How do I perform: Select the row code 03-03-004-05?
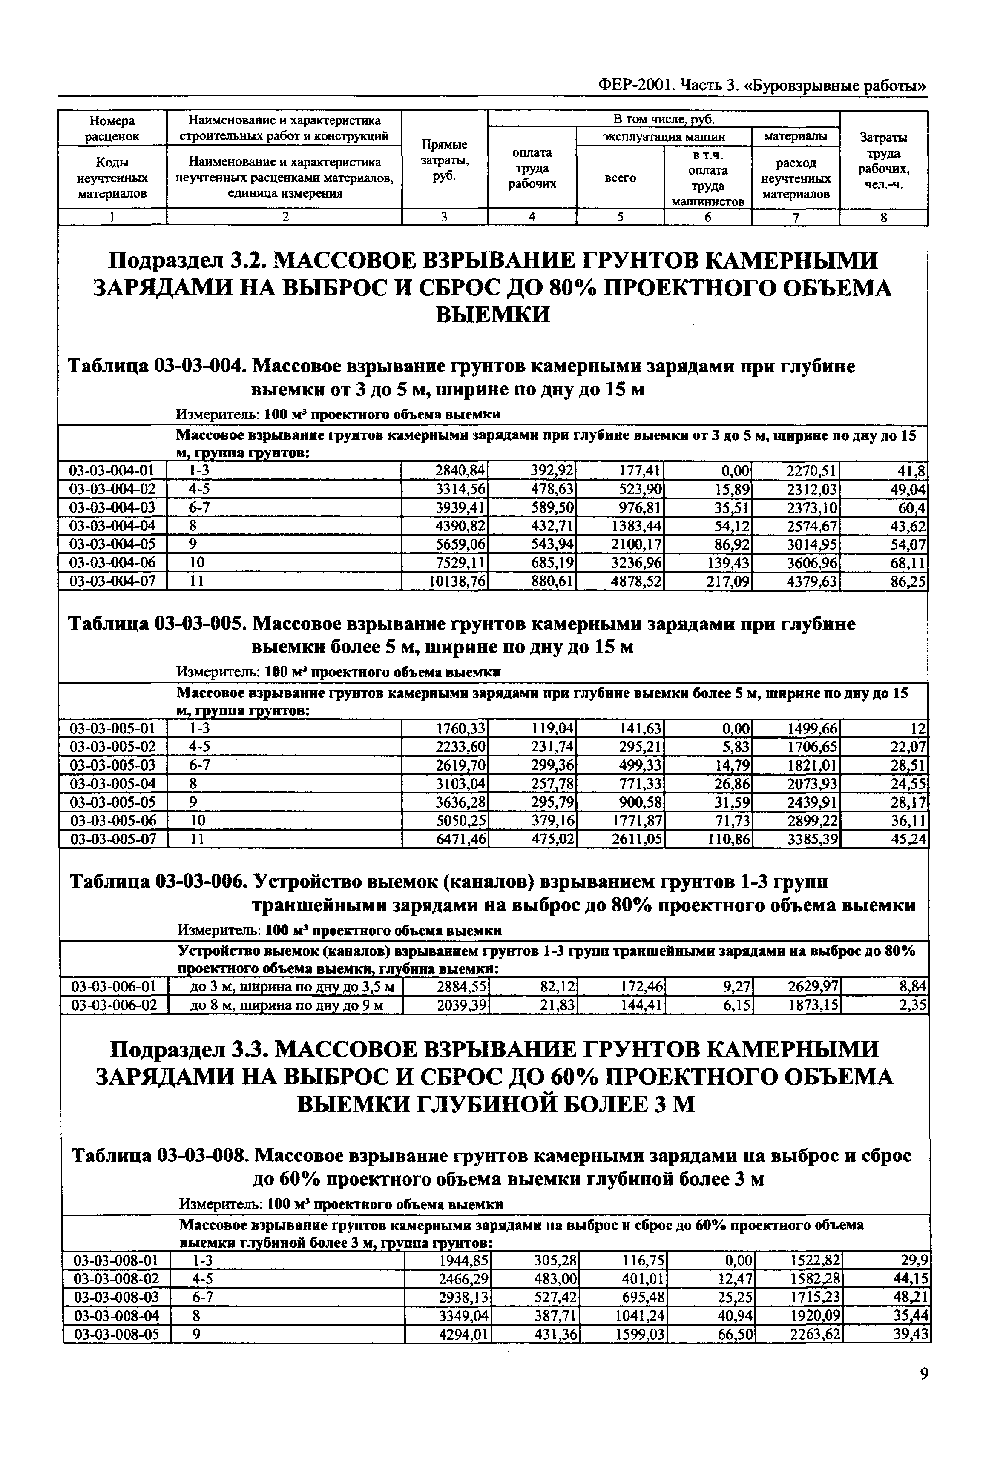pyautogui.click(x=112, y=544)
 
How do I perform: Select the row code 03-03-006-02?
pyautogui.click(x=114, y=1005)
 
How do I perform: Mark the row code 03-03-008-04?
pyautogui.click(x=117, y=1315)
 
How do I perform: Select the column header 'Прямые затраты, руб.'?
pyautogui.click(x=444, y=160)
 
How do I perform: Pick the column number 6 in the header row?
pyautogui.click(x=707, y=218)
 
